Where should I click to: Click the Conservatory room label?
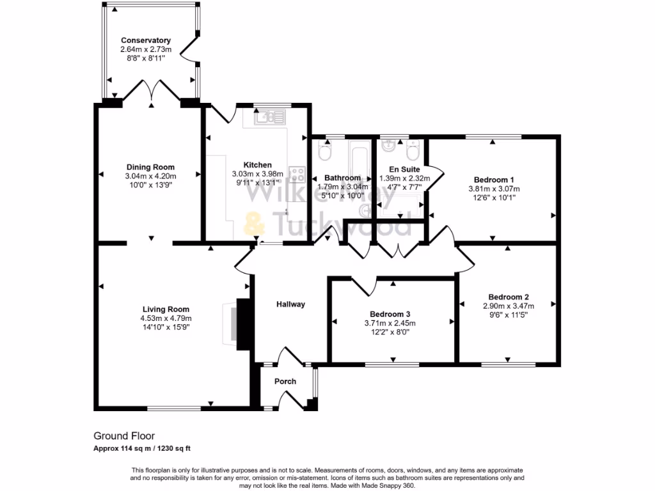pyautogui.click(x=145, y=40)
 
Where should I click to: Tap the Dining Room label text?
pyautogui.click(x=150, y=168)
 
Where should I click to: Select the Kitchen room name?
pyautogui.click(x=257, y=165)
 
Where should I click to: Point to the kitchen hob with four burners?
pyautogui.click(x=297, y=173)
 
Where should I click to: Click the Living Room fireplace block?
pyautogui.click(x=244, y=324)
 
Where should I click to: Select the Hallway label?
pyautogui.click(x=290, y=304)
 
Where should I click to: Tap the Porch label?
pyautogui.click(x=285, y=382)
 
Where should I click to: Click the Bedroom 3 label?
pyautogui.click(x=390, y=315)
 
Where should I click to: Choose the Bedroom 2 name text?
pyautogui.click(x=509, y=297)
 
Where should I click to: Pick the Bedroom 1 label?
pyautogui.click(x=494, y=180)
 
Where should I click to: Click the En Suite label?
pyautogui.click(x=404, y=169)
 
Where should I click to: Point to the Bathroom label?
pyautogui.click(x=343, y=178)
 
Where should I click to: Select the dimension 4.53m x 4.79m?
pyautogui.click(x=166, y=318)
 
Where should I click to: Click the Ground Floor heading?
pyautogui.click(x=124, y=436)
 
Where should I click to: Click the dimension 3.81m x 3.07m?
pyautogui.click(x=494, y=189)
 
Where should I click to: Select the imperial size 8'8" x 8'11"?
pyautogui.click(x=145, y=58)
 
